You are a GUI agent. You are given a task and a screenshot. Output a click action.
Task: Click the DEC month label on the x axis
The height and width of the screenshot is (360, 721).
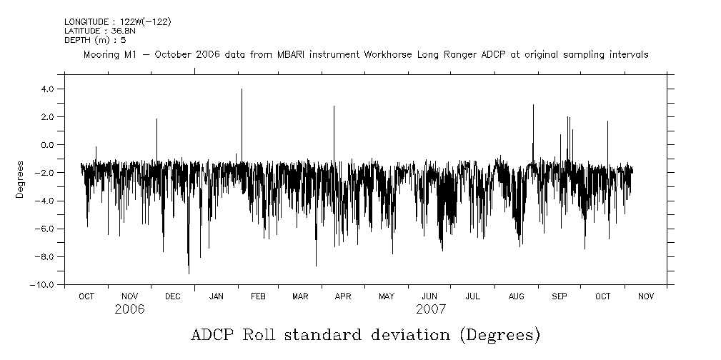172,296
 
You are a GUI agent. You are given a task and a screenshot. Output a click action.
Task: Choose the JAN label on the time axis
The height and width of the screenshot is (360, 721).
216,296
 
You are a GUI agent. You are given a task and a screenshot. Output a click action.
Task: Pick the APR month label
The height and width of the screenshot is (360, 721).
343,296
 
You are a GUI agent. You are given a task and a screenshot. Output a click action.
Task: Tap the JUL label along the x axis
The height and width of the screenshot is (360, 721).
472,296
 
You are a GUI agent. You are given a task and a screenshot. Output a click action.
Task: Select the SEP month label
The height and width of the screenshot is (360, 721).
560,296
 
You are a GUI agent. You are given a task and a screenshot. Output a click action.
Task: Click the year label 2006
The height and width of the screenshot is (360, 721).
129,309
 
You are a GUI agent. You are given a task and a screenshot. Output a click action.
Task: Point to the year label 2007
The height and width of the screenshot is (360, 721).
430,309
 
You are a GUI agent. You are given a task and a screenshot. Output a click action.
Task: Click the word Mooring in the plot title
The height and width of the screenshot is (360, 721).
101,55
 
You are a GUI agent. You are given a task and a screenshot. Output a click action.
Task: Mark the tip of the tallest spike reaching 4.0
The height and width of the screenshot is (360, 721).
242,89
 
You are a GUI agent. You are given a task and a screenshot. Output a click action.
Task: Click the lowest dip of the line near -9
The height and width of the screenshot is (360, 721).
189,274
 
